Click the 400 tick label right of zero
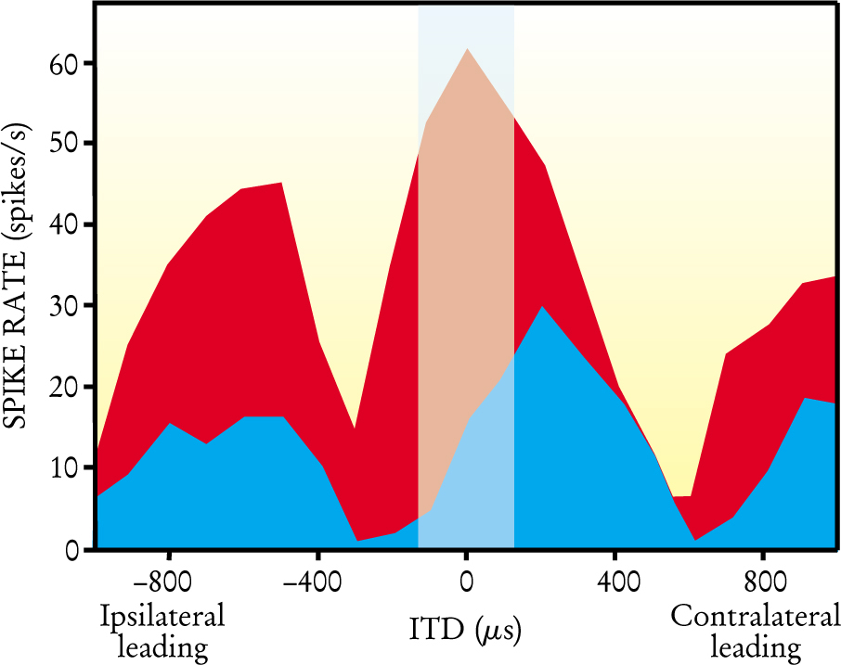615,588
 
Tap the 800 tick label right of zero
763,588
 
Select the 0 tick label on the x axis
466,588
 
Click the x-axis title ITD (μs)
466,632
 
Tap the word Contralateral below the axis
755,617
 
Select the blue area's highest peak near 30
542,307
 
